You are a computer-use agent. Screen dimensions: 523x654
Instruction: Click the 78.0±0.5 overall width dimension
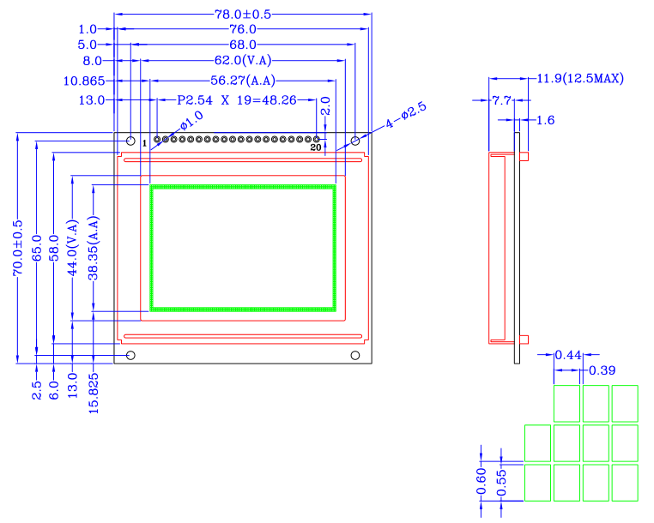(244, 14)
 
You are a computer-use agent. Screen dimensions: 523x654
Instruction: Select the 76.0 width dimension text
(243, 29)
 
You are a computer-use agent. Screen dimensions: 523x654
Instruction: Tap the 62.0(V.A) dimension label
(243, 60)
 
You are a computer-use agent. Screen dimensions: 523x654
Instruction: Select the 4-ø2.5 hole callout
(406, 117)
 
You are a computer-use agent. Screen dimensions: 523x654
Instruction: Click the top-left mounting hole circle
(130, 139)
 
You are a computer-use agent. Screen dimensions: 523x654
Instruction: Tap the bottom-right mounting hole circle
(355, 355)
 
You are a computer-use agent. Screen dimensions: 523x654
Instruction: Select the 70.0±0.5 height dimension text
(17, 248)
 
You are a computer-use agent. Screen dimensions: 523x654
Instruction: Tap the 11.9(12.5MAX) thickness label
(580, 79)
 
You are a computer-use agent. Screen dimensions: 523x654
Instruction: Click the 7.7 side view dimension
(501, 100)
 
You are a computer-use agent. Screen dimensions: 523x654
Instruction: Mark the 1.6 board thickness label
(545, 120)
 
